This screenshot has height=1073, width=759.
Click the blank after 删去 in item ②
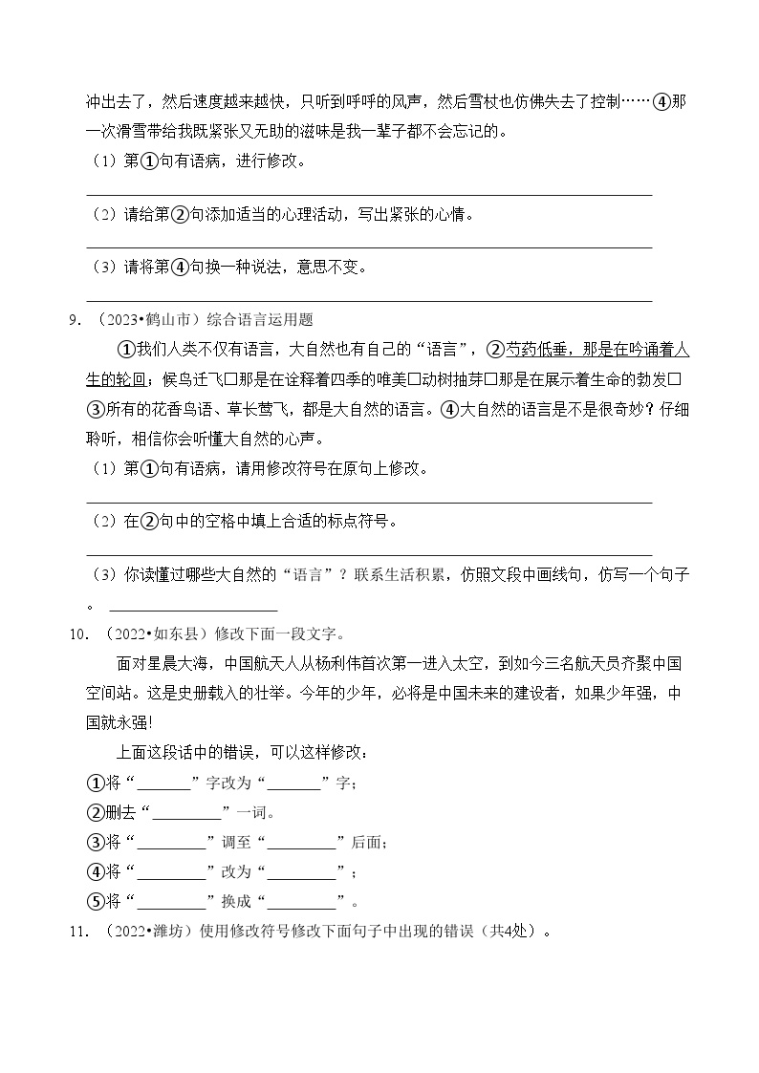tap(186, 813)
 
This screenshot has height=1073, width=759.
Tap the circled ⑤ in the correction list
tap(95, 901)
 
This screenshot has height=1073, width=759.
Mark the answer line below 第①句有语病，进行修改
tap(369, 194)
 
